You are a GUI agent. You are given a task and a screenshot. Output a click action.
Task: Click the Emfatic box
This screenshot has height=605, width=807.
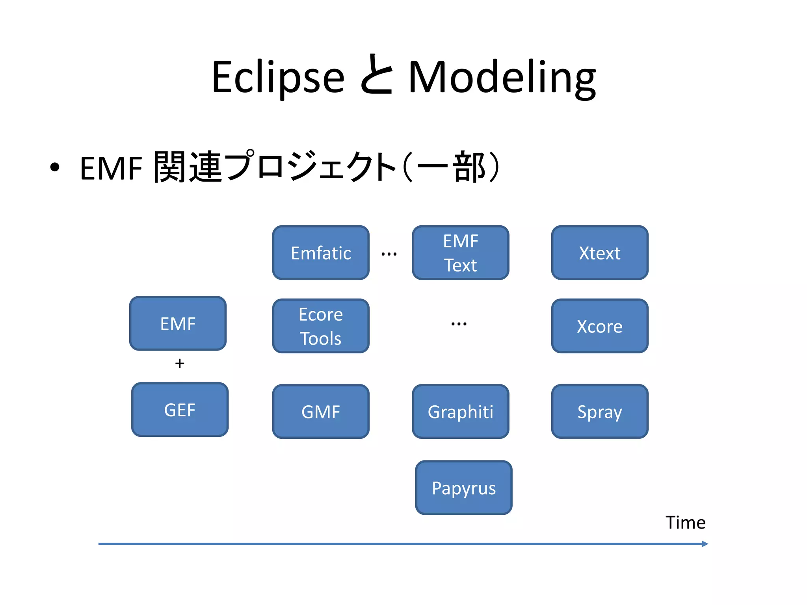click(321, 253)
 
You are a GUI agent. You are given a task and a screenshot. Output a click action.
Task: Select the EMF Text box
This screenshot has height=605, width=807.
click(460, 253)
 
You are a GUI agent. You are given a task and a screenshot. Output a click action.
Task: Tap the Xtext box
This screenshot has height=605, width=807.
click(600, 253)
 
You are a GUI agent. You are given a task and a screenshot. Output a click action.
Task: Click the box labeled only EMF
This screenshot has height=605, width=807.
click(178, 323)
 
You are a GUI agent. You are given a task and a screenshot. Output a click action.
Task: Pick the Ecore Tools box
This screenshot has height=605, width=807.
click(321, 326)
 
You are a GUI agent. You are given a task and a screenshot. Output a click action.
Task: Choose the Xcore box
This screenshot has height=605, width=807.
click(600, 326)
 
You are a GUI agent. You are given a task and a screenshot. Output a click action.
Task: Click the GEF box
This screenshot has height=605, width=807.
click(180, 410)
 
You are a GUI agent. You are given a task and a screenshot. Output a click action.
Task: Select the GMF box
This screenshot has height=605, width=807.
click(321, 412)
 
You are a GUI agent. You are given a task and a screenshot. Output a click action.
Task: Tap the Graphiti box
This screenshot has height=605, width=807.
click(460, 412)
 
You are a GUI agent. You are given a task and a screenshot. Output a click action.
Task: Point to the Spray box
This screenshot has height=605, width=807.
click(600, 412)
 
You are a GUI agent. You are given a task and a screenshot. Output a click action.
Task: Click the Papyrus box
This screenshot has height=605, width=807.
click(464, 488)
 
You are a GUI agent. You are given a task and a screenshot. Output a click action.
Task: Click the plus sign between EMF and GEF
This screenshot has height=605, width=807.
click(180, 363)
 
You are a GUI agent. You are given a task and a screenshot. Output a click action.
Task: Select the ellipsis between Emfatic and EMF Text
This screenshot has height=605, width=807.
click(389, 254)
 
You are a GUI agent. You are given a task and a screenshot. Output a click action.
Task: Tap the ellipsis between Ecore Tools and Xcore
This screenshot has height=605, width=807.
click(459, 324)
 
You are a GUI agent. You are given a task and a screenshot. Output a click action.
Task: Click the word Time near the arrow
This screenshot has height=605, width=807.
click(685, 523)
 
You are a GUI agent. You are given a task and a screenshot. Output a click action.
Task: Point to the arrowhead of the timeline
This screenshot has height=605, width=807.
click(705, 544)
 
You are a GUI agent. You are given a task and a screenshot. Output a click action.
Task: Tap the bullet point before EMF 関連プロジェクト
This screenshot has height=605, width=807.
click(55, 167)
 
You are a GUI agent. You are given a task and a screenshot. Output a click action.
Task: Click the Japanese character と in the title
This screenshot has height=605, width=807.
click(376, 75)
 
